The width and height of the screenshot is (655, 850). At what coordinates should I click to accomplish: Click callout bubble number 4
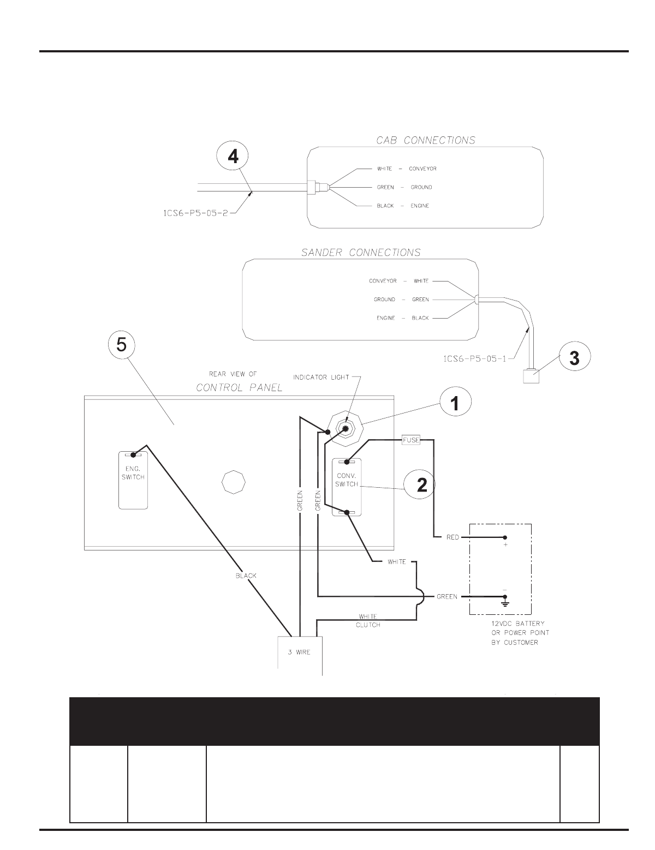coord(233,157)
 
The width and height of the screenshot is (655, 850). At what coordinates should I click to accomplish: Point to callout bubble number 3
coord(574,358)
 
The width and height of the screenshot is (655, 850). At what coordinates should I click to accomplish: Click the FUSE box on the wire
coord(411,439)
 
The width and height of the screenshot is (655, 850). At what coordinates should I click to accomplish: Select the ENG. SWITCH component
coord(133,480)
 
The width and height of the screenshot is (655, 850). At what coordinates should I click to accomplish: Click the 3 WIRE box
coord(300,653)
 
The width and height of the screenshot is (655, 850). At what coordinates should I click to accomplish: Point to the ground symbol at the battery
coord(505,603)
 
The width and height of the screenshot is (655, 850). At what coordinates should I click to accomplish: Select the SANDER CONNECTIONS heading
coord(361,253)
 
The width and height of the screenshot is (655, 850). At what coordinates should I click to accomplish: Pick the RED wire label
coord(452,537)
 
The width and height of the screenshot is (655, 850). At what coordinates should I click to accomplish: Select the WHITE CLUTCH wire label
coord(367,621)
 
